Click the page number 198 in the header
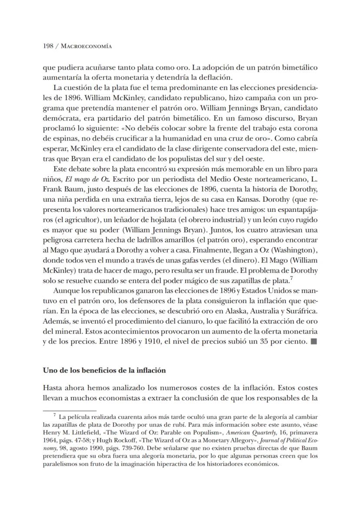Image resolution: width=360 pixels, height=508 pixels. coord(48,46)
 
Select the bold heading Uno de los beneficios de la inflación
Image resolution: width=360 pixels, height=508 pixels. coord(104,371)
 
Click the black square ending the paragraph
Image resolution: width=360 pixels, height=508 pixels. coord(314,341)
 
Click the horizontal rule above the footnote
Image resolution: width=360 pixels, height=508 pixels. coord(70,410)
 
